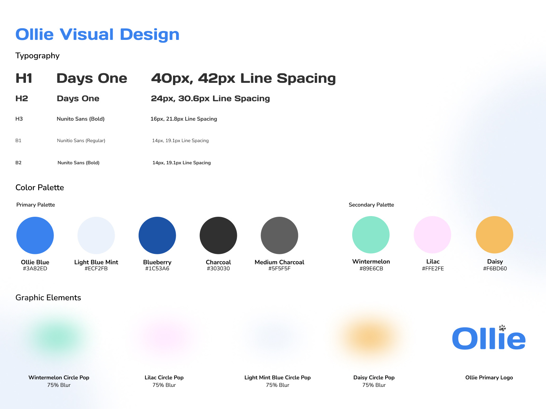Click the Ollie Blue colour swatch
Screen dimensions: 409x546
[x=35, y=236]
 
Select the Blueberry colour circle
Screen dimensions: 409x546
[x=157, y=236]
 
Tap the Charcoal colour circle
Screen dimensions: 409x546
[x=218, y=236]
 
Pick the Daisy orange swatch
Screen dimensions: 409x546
[x=494, y=235]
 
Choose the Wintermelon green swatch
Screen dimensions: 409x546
[x=371, y=235]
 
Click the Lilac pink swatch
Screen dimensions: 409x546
[x=432, y=235]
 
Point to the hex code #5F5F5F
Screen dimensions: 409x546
[x=279, y=269]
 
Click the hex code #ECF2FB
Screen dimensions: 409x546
[x=96, y=269]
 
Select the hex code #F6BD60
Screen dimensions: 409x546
[x=495, y=269]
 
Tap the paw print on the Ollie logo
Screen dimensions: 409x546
[x=502, y=328]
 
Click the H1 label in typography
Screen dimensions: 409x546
[x=24, y=78]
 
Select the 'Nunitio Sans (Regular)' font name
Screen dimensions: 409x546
[x=81, y=140]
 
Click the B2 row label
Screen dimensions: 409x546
[x=18, y=163]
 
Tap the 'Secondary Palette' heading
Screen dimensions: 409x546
[x=371, y=205]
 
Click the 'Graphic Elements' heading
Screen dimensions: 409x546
[x=48, y=298]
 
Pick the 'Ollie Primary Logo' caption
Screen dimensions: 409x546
[x=489, y=378]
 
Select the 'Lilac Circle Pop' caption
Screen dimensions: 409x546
[x=164, y=378]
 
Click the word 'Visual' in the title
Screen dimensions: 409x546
[x=87, y=34]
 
